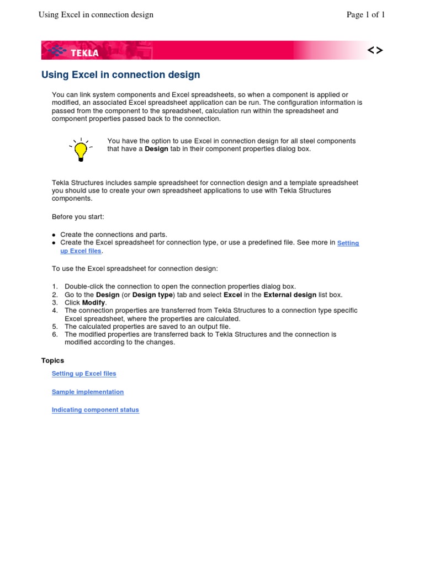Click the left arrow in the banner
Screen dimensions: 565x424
pyautogui.click(x=372, y=51)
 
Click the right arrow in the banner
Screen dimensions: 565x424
pyautogui.click(x=379, y=51)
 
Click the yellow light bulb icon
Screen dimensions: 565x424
pyautogui.click(x=81, y=149)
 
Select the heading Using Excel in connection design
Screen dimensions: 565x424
pyautogui.click(x=121, y=74)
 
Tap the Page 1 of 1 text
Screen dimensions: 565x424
pyautogui.click(x=365, y=15)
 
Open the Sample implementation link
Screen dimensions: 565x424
pyautogui.click(x=88, y=392)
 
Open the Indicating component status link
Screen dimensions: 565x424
pyautogui.click(x=96, y=410)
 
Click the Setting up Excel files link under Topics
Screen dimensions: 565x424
pyautogui.click(x=84, y=374)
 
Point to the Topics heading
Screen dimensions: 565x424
pyautogui.click(x=52, y=360)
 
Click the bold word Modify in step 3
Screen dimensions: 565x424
pyautogui.click(x=94, y=302)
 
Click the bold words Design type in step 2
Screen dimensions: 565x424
pyautogui.click(x=153, y=295)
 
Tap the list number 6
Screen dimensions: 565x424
pyautogui.click(x=55, y=334)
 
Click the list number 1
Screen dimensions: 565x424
pyautogui.click(x=55, y=286)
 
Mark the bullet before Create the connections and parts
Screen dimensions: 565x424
pyautogui.click(x=54, y=235)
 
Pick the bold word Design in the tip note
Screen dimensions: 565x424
pyautogui.click(x=156, y=149)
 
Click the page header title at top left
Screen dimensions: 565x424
pyautogui.click(x=96, y=15)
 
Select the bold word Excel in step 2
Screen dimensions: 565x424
pyautogui.click(x=232, y=295)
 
